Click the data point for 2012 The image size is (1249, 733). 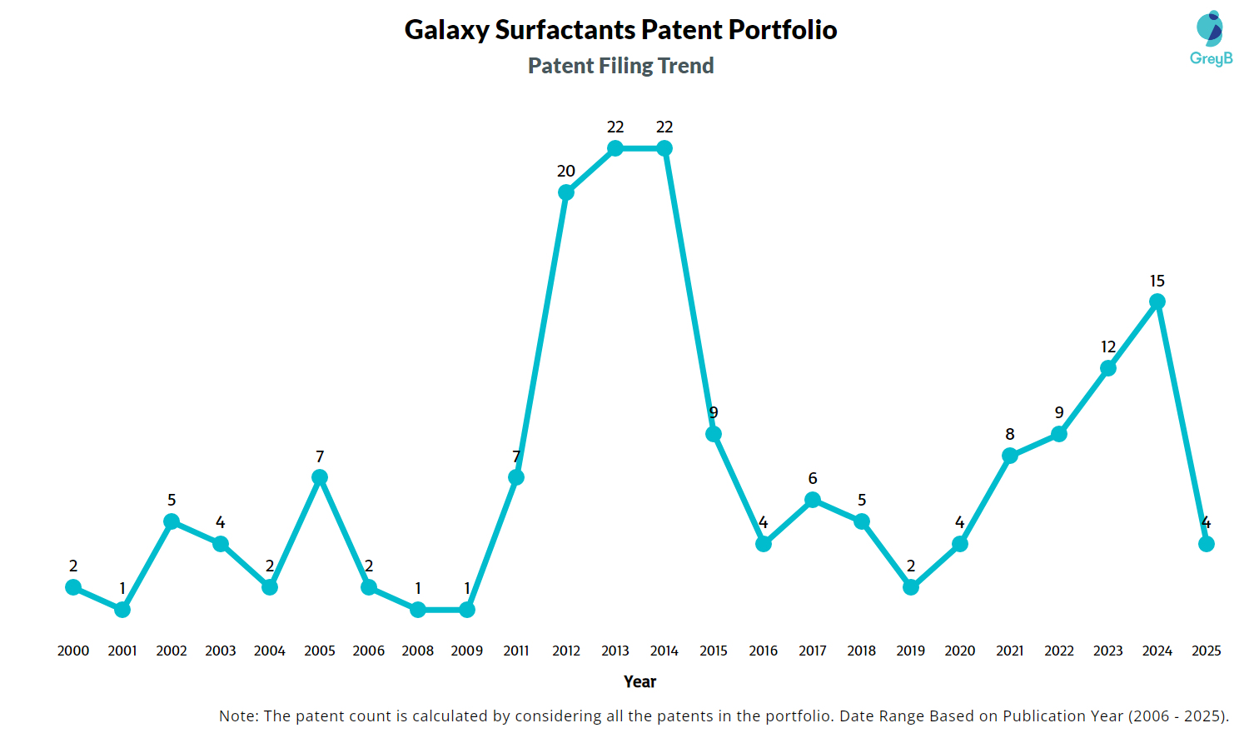tap(566, 192)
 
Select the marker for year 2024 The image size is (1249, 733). tap(1157, 302)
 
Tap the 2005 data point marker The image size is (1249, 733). tap(320, 477)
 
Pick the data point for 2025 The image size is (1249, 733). tap(1207, 544)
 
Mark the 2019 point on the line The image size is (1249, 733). tap(911, 587)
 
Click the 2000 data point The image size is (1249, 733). tap(73, 587)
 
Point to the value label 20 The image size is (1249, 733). tap(566, 171)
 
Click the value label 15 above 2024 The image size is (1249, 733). tap(1157, 281)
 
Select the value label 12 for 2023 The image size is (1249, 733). tap(1108, 347)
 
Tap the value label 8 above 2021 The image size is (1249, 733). tap(1010, 434)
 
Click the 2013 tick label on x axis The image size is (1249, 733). tap(615, 651)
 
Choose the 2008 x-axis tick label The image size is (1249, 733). tap(418, 651)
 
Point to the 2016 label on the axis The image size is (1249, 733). tap(764, 651)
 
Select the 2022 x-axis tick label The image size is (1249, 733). tap(1059, 651)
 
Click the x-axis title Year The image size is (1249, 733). tap(639, 681)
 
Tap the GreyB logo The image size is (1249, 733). tap(1211, 38)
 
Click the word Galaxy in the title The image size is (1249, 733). tap(446, 30)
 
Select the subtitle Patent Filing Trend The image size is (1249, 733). tap(620, 66)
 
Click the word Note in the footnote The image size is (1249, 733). tap(238, 716)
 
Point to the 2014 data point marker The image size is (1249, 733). tap(664, 148)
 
